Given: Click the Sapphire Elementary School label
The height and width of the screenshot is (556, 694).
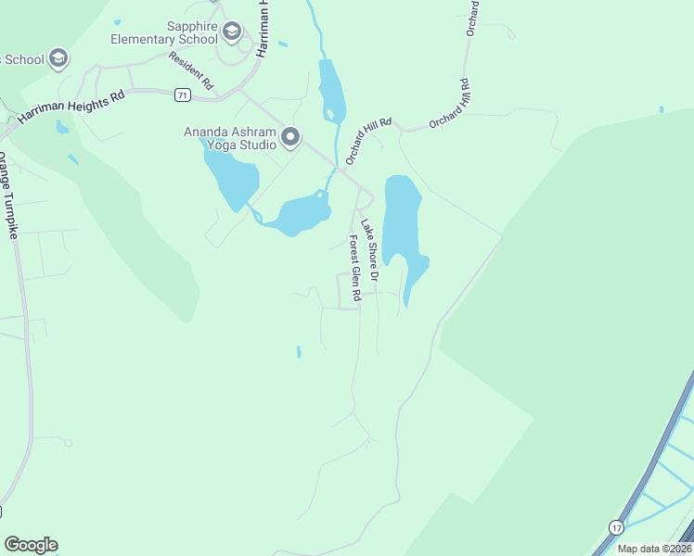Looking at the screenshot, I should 163,33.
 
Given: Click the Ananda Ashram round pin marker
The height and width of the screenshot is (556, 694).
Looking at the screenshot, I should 290,138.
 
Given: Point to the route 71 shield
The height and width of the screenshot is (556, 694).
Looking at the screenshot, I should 182,95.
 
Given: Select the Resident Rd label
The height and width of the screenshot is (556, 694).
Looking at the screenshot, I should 190,71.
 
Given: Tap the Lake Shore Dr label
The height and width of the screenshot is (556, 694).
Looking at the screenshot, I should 370,250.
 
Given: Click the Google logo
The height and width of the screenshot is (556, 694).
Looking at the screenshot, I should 31,545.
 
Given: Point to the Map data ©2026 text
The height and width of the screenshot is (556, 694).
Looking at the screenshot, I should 654,549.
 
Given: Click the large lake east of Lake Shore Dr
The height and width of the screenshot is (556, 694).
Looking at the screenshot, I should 403,218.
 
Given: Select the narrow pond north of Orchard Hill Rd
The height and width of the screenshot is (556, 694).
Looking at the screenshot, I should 331,88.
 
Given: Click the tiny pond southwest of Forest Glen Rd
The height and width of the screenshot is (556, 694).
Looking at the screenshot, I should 298,351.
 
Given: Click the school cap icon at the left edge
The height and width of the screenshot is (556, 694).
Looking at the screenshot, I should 58,59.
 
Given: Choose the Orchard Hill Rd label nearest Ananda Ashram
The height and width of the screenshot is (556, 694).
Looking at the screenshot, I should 369,140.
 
